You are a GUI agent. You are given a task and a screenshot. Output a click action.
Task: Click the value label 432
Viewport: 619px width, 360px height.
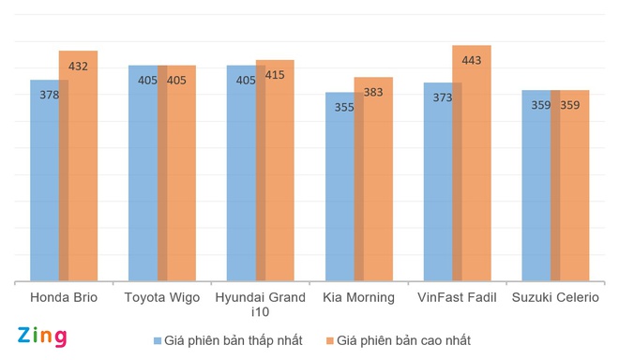click(x=79, y=67)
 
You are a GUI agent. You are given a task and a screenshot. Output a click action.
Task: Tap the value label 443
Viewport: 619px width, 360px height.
click(x=471, y=61)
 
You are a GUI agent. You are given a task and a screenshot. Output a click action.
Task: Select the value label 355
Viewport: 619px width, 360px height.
click(x=344, y=107)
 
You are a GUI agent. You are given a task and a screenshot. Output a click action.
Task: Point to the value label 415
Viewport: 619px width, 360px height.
click(x=275, y=75)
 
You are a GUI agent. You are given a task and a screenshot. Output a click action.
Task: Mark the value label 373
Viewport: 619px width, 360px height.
click(x=443, y=97)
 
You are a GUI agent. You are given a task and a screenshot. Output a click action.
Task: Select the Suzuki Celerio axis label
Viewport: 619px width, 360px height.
click(x=555, y=298)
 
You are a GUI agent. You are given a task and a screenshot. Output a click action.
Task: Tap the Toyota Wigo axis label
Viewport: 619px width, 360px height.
click(x=161, y=298)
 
